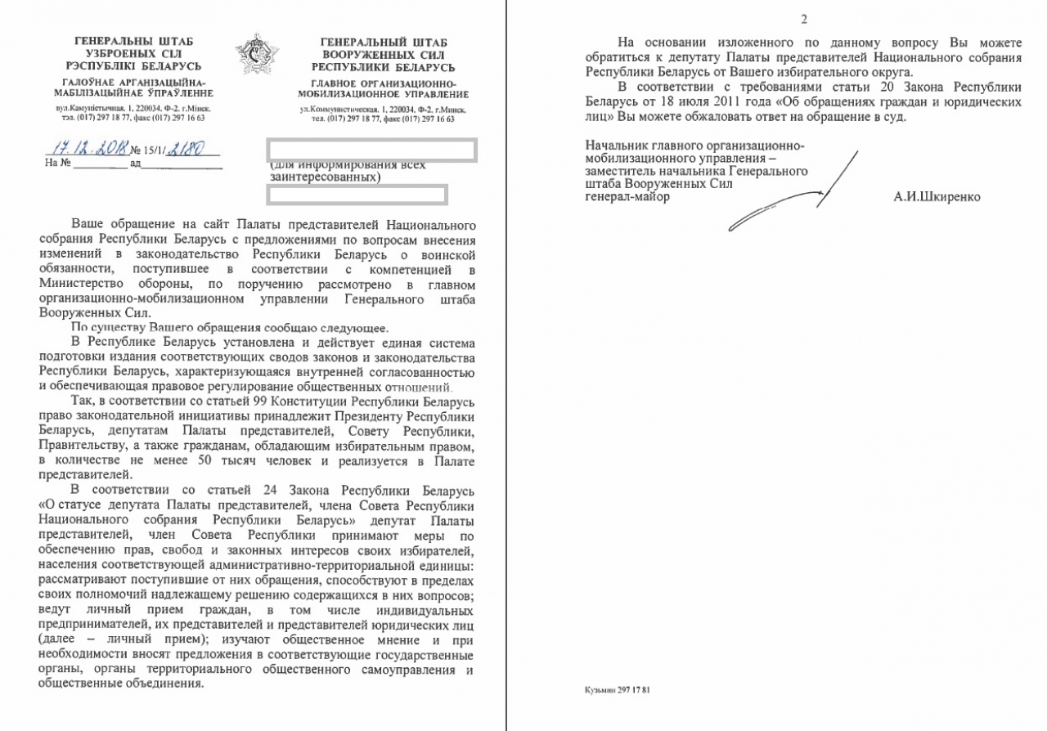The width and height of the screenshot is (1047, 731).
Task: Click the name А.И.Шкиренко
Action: pyautogui.click(x=937, y=197)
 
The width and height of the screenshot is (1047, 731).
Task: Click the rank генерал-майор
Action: pyautogui.click(x=621, y=197)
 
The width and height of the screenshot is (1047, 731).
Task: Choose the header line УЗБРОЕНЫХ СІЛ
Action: pyautogui.click(x=134, y=54)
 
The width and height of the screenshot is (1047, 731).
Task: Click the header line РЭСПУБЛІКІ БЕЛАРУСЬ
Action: pyautogui.click(x=134, y=67)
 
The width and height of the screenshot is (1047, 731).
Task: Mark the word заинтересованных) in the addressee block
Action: pyautogui.click(x=325, y=177)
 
